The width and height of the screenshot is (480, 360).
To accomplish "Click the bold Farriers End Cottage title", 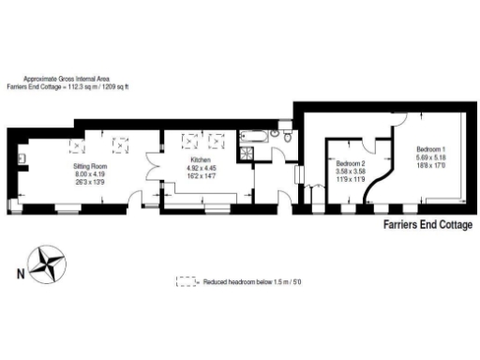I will [427, 225].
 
